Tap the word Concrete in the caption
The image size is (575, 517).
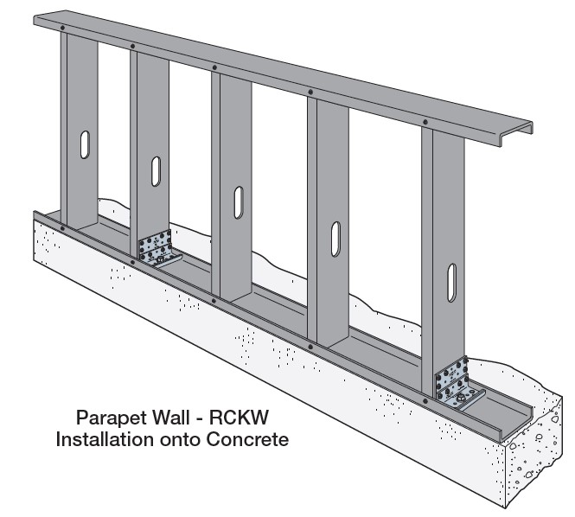[244, 439]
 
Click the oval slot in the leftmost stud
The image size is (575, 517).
[85, 144]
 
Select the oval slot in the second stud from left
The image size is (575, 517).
[156, 170]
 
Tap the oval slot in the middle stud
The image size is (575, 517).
[237, 202]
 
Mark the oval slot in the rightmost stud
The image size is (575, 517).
[452, 281]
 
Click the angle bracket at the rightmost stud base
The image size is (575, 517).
[457, 383]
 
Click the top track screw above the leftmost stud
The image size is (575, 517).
[63, 28]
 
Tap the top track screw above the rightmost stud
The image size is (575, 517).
[425, 123]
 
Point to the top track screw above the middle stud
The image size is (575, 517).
[214, 67]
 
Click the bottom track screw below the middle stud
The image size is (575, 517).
[214, 301]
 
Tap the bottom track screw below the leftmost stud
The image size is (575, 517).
[63, 228]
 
